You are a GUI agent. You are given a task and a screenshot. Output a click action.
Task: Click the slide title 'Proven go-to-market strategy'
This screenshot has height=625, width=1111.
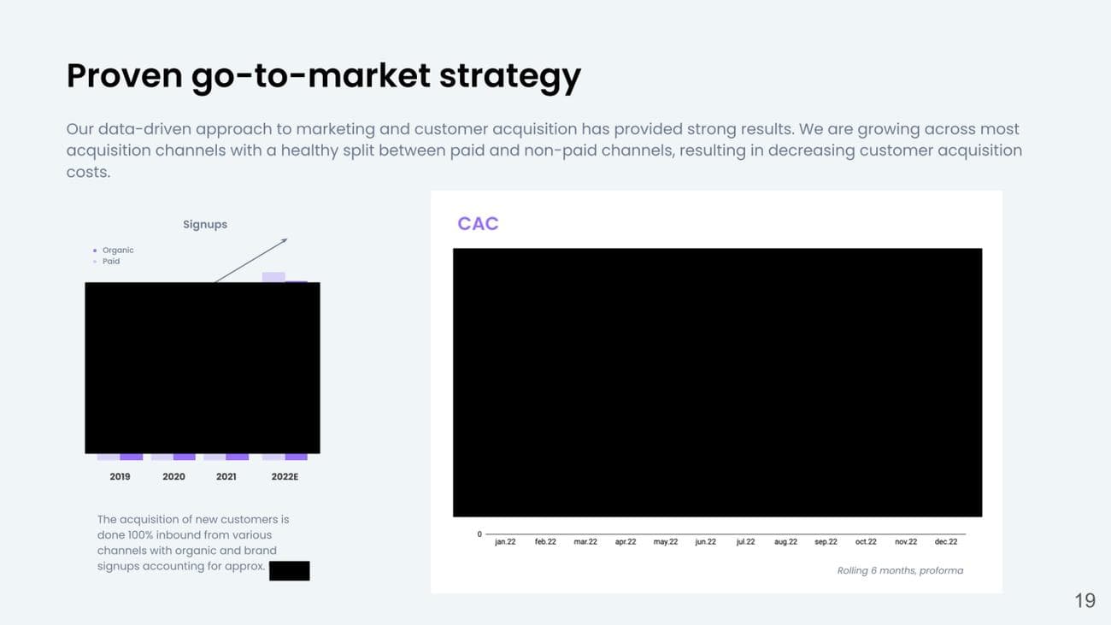pyautogui.click(x=323, y=76)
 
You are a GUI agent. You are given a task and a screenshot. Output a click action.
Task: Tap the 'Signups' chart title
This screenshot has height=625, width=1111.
pyautogui.click(x=205, y=225)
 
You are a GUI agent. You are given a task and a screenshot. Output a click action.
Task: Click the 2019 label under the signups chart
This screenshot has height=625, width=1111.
pyautogui.click(x=120, y=477)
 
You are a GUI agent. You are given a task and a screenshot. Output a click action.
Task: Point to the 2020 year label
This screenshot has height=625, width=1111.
pyautogui.click(x=173, y=477)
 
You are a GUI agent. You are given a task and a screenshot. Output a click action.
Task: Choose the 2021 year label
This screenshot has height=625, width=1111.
pyautogui.click(x=226, y=477)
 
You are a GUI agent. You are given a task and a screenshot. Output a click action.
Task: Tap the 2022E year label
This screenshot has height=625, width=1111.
pyautogui.click(x=285, y=477)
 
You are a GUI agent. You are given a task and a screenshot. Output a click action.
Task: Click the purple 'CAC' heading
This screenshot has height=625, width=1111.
pyautogui.click(x=478, y=224)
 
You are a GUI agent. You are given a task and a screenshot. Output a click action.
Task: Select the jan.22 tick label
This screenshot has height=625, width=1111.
pyautogui.click(x=505, y=542)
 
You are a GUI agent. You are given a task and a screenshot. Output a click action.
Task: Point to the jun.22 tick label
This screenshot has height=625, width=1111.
pyautogui.click(x=705, y=542)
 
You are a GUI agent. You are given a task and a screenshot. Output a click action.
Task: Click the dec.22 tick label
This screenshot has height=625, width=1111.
pyautogui.click(x=946, y=542)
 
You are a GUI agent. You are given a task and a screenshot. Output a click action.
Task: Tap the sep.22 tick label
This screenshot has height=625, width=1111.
pyautogui.click(x=826, y=542)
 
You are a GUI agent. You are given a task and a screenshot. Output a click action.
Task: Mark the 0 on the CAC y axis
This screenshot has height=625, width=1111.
pyautogui.click(x=479, y=534)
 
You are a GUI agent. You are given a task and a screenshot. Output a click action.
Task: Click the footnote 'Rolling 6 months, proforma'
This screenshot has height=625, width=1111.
pyautogui.click(x=900, y=570)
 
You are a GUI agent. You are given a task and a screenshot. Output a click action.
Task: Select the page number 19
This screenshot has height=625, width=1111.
pyautogui.click(x=1085, y=601)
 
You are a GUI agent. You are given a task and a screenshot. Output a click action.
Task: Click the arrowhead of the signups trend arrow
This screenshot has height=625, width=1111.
pyautogui.click(x=285, y=240)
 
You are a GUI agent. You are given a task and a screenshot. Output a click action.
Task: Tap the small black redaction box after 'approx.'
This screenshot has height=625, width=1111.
pyautogui.click(x=290, y=571)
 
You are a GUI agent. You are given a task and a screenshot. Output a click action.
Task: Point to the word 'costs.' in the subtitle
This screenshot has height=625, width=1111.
pyautogui.click(x=88, y=172)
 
